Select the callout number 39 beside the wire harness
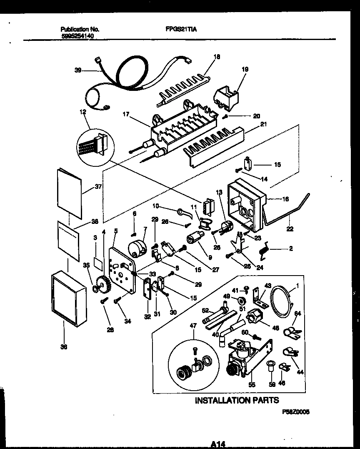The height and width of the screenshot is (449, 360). pyautogui.click(x=78, y=70)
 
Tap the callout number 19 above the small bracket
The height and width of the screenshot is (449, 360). pyautogui.click(x=245, y=69)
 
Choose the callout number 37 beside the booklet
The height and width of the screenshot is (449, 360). pyautogui.click(x=98, y=186)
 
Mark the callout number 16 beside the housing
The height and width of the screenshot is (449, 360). pyautogui.click(x=285, y=199)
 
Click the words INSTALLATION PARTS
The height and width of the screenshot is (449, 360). pyautogui.click(x=237, y=400)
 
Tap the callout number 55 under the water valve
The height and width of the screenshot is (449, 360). pyautogui.click(x=252, y=386)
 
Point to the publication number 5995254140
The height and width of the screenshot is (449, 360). pyautogui.click(x=77, y=36)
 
